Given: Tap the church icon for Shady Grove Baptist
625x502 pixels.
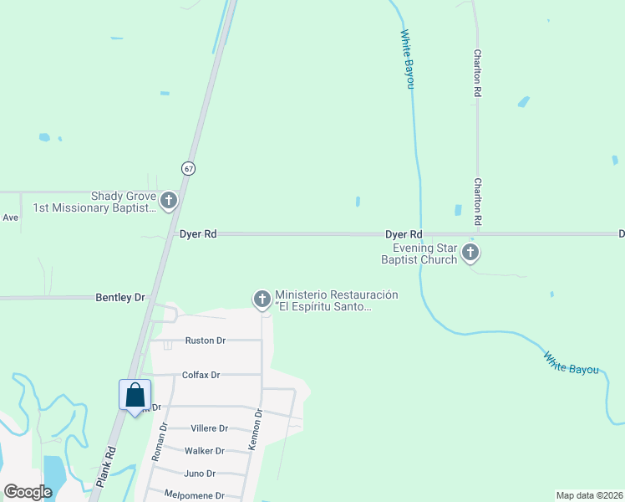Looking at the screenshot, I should click(170, 200).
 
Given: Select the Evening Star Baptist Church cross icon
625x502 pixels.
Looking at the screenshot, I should click(471, 252).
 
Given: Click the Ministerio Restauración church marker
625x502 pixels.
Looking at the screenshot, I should click(262, 299).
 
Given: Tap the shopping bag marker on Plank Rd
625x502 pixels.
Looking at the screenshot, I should click(135, 396).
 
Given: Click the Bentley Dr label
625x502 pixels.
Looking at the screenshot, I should click(120, 297).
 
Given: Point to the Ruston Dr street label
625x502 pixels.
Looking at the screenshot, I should click(205, 341).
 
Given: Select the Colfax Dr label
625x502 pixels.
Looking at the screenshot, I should click(201, 375).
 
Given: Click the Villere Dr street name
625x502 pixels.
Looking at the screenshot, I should click(209, 428).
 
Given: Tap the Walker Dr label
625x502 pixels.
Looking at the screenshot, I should click(204, 450).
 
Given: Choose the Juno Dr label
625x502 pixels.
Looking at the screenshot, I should click(200, 473).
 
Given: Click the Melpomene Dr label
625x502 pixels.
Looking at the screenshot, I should click(195, 495).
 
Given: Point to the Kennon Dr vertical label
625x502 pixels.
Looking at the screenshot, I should click(256, 431).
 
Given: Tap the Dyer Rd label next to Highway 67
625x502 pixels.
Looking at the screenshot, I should click(198, 234).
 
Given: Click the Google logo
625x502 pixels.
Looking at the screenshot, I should click(28, 491).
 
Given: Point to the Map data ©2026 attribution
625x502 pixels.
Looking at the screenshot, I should click(589, 495).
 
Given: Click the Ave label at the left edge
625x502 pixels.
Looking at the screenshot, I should click(10, 218).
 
